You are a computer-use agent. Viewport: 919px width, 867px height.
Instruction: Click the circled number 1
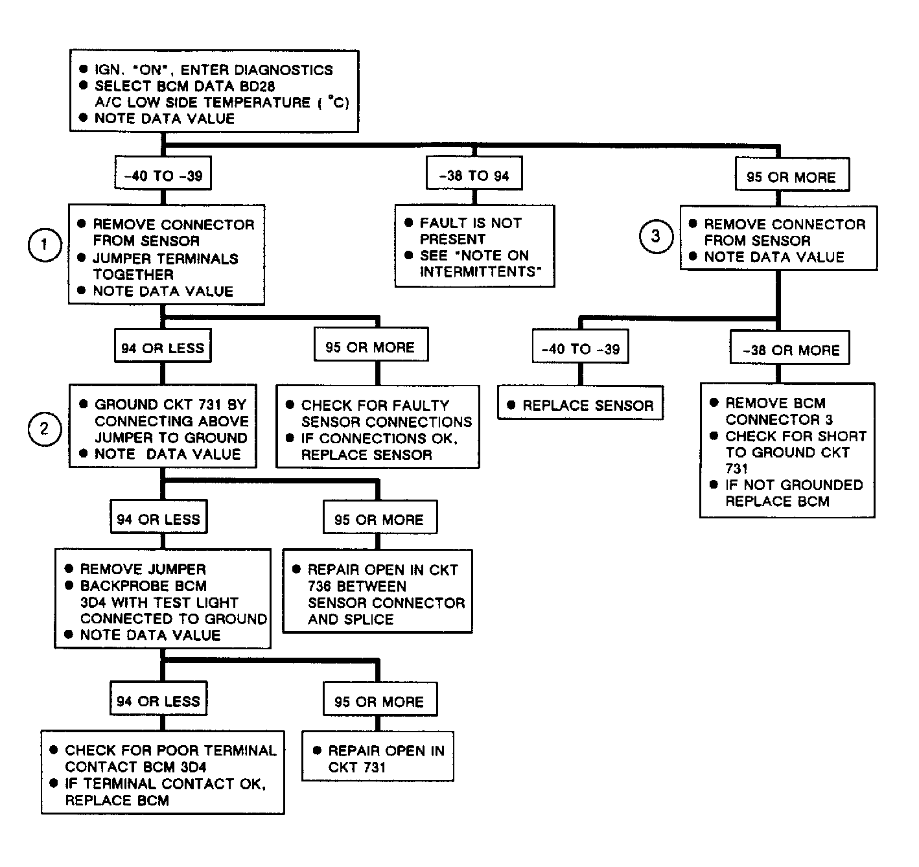pyautogui.click(x=45, y=245)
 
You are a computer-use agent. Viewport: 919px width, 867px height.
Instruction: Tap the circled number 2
pyautogui.click(x=45, y=429)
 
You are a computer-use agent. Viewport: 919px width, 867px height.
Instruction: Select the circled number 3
pyautogui.click(x=656, y=236)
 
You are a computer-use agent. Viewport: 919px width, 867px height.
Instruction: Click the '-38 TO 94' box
pyautogui.click(x=474, y=173)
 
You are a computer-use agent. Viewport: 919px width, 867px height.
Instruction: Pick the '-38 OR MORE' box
pyautogui.click(x=790, y=347)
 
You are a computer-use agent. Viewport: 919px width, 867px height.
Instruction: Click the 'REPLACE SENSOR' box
pyautogui.click(x=580, y=402)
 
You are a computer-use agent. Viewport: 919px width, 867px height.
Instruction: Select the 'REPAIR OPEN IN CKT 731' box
pyautogui.click(x=378, y=756)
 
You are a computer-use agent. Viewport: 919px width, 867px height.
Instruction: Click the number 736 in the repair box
pyautogui.click(x=320, y=586)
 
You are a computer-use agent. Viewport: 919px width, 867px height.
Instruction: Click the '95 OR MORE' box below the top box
pyautogui.click(x=792, y=174)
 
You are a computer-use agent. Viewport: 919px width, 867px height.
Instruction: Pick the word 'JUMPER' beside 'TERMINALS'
pyautogui.click(x=119, y=259)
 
